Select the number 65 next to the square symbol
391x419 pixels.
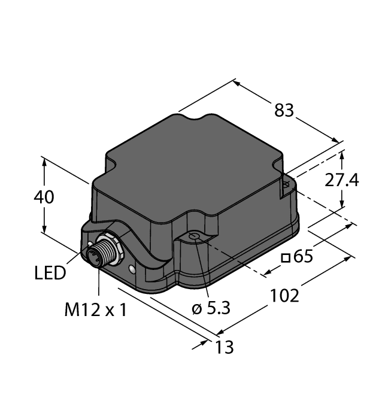click(x=303, y=257)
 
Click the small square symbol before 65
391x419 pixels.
click(x=286, y=258)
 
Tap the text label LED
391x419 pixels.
click(x=50, y=274)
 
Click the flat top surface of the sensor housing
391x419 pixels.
click(x=192, y=168)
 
